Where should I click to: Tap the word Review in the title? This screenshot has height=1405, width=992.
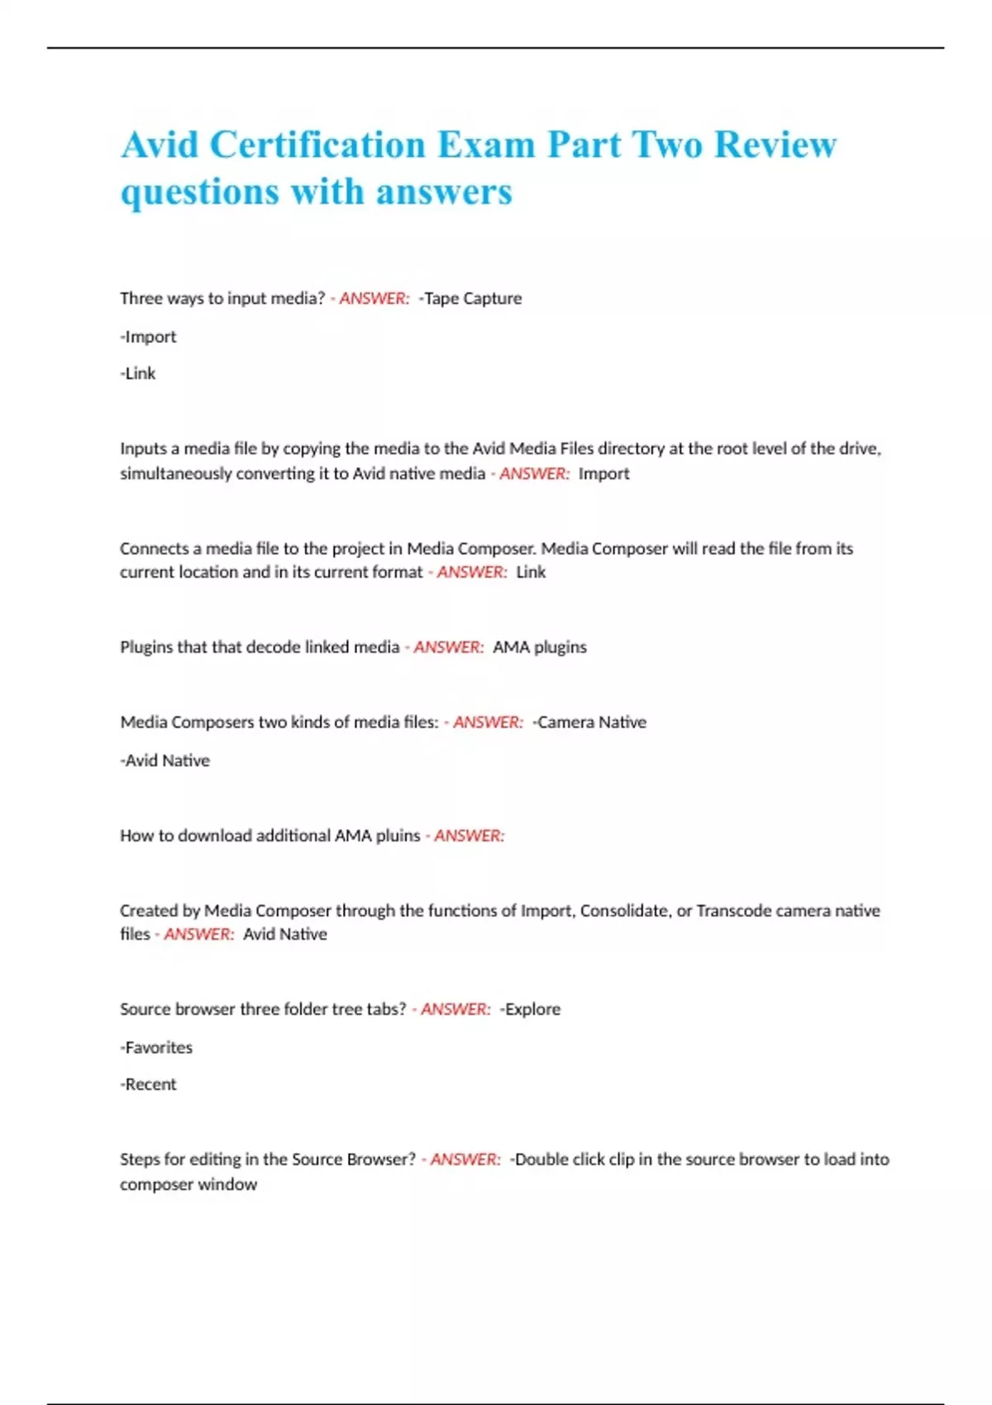775,145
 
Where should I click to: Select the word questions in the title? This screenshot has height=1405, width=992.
200,193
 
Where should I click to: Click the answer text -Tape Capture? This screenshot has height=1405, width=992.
470,298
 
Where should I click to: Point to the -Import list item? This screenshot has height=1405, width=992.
148,337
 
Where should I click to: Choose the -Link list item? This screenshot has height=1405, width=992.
138,374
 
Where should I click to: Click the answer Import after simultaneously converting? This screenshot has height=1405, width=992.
603,474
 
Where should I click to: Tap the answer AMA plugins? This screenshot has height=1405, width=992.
540,647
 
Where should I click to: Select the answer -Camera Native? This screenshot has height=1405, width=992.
589,722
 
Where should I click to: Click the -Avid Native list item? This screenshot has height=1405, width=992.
165,760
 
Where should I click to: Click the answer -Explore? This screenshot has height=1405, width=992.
530,1009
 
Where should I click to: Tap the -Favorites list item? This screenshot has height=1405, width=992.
156,1048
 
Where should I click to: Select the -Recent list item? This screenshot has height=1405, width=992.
148,1084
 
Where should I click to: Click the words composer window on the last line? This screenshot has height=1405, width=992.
188,1184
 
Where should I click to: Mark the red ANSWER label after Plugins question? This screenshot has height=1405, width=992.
448,647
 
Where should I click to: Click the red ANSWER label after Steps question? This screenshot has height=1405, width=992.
465,1160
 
